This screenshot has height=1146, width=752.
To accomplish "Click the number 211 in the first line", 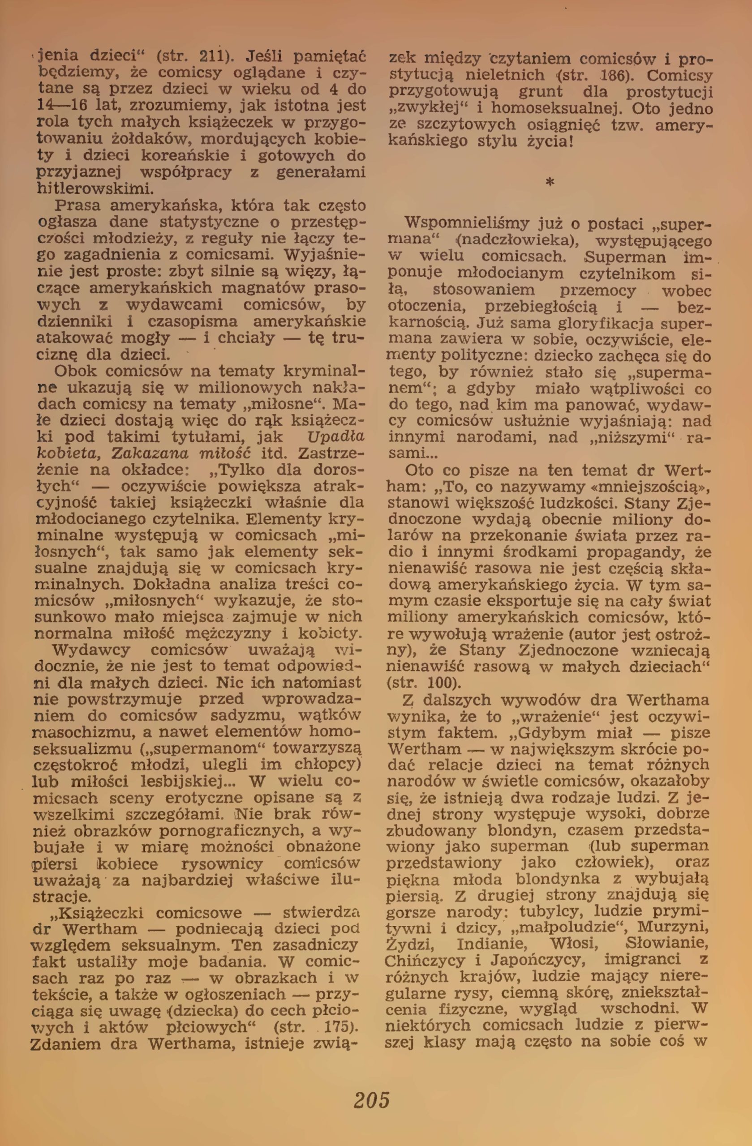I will [x=211, y=57].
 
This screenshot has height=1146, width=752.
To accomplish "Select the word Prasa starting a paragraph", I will [x=77, y=205].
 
